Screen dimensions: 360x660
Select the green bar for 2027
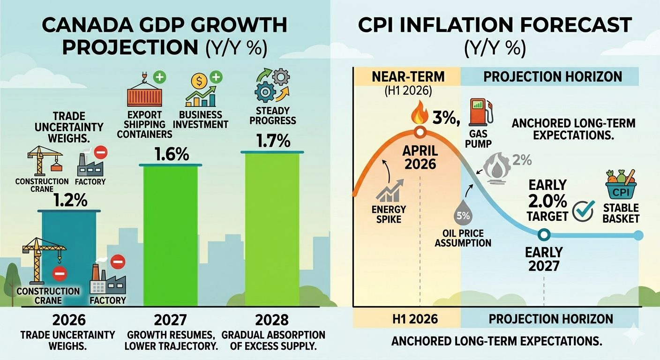[x=171, y=234]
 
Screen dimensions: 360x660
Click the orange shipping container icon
[x=144, y=97]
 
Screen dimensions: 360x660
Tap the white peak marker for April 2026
[x=420, y=132]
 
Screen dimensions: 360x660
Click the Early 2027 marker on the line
[x=543, y=234]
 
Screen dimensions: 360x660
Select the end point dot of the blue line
[x=637, y=235]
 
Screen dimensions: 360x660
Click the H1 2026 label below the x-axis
[x=415, y=319]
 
